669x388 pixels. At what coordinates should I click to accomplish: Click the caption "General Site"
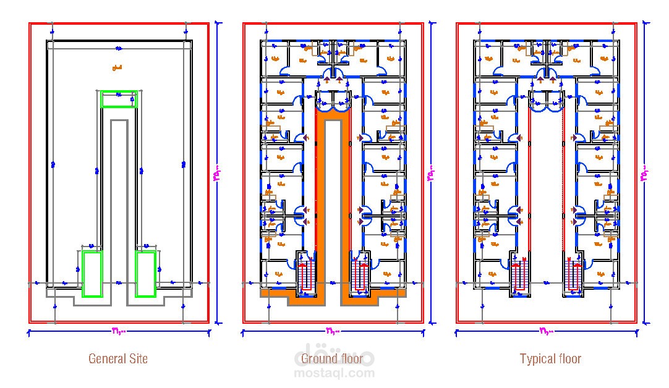pos(118,358)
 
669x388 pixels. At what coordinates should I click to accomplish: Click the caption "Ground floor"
pos(331,359)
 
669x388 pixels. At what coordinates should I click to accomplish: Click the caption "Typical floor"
pos(550,358)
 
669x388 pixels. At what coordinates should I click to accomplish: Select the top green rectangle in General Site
pos(118,99)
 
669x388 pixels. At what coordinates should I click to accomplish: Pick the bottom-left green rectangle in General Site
pos(92,273)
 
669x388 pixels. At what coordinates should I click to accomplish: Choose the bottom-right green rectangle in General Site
pos(145,273)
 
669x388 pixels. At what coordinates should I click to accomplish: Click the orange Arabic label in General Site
pos(116,67)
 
